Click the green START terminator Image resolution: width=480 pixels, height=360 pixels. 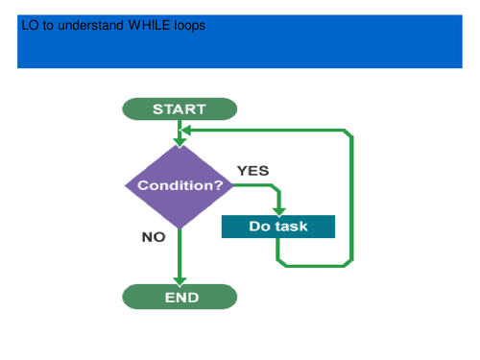click(x=179, y=108)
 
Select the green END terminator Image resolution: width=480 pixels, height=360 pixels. click(x=180, y=297)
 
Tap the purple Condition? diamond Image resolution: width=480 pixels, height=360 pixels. click(x=180, y=185)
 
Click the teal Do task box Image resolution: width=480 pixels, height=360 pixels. click(x=277, y=227)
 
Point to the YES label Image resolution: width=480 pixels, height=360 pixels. click(x=253, y=170)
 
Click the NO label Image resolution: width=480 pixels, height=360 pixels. click(x=154, y=236)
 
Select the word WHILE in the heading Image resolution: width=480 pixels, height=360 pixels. click(x=149, y=26)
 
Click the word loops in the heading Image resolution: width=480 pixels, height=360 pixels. click(x=189, y=26)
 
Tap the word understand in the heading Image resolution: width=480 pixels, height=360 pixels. click(x=91, y=26)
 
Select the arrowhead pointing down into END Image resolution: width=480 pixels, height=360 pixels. click(x=180, y=278)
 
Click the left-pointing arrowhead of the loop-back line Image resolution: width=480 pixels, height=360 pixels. click(x=187, y=130)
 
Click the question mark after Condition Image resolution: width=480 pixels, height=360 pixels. click(x=228, y=185)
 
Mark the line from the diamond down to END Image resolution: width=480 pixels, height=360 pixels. click(x=180, y=252)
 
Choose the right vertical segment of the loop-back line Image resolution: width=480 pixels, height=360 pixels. click(x=352, y=197)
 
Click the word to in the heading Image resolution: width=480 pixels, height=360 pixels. click(x=49, y=26)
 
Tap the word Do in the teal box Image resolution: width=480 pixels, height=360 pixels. click(x=260, y=227)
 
